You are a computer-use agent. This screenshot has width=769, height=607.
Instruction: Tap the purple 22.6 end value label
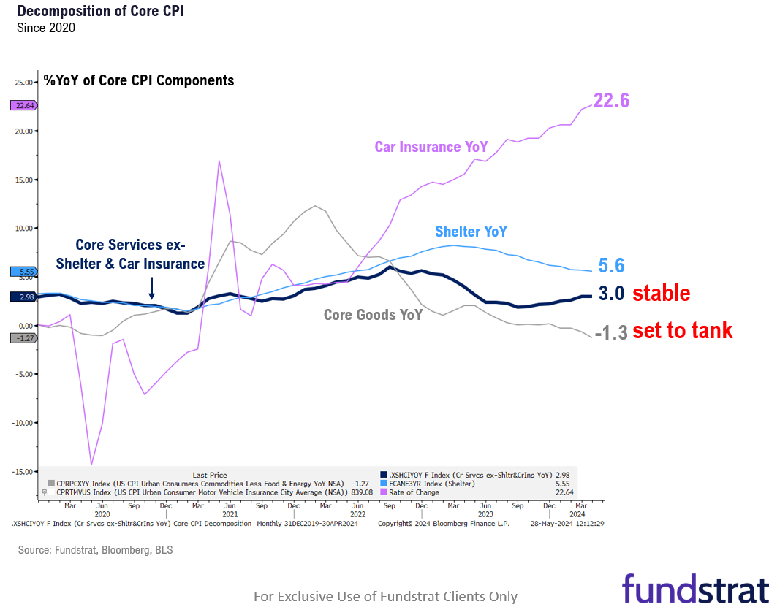tap(611, 101)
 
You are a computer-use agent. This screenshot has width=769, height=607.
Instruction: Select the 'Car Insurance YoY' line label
tap(431, 147)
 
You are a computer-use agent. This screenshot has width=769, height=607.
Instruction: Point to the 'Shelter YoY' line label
tap(471, 232)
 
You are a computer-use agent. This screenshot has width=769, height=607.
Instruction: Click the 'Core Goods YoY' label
tap(373, 315)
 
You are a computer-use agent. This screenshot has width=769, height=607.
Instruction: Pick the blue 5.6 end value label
tap(611, 266)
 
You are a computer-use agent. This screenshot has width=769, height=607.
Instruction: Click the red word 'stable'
tap(661, 294)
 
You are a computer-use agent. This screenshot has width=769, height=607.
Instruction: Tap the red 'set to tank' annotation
tap(682, 331)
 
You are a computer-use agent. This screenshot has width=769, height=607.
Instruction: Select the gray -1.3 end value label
tap(610, 333)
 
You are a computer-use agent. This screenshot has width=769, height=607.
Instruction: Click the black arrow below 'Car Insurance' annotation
tap(151, 287)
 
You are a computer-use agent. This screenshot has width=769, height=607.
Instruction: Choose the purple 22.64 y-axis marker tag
tap(23, 105)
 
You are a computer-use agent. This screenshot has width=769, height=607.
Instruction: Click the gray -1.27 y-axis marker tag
tap(23, 337)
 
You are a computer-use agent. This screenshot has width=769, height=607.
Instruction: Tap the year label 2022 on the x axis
tap(356, 514)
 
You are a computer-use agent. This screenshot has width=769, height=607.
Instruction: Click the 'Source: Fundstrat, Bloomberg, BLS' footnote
tap(95, 550)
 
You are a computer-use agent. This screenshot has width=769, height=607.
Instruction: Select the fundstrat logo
tap(694, 589)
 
